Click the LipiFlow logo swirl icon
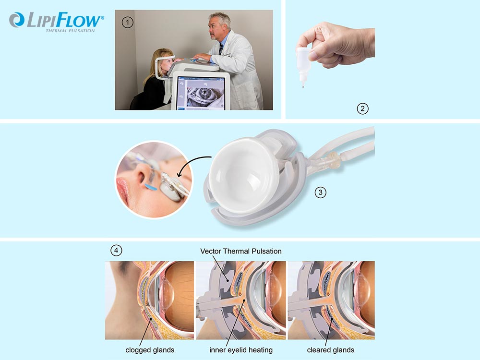click(x=17, y=20)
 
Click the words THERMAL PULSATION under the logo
click(x=71, y=31)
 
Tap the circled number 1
click(x=127, y=23)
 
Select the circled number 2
click(x=362, y=108)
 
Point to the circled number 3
click(x=321, y=192)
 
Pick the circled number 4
click(x=116, y=251)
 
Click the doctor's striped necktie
click(x=221, y=49)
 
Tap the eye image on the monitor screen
click(x=202, y=96)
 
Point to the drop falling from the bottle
click(x=303, y=87)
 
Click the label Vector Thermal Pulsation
click(x=241, y=252)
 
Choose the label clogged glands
click(x=150, y=350)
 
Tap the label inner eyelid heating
click(x=241, y=350)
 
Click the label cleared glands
click(x=331, y=350)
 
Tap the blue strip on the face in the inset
click(x=150, y=186)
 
